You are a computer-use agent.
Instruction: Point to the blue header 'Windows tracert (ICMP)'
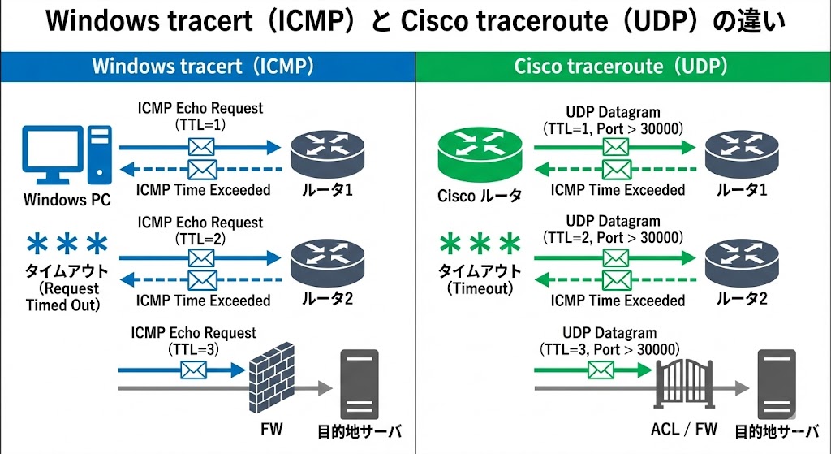point(202,66)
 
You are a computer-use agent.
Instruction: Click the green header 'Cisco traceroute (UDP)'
point(621,66)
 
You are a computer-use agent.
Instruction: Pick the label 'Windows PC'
point(67,200)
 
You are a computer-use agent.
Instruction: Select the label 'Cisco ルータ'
point(480,196)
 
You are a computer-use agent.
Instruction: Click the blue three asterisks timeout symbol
point(67,244)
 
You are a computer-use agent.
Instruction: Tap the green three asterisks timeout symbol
point(479,244)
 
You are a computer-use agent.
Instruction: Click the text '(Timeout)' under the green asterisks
point(480,288)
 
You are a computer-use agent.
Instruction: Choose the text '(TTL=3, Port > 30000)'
point(609,348)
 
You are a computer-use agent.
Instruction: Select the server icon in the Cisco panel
point(775,382)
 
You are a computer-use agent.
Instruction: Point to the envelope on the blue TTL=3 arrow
point(193,370)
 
